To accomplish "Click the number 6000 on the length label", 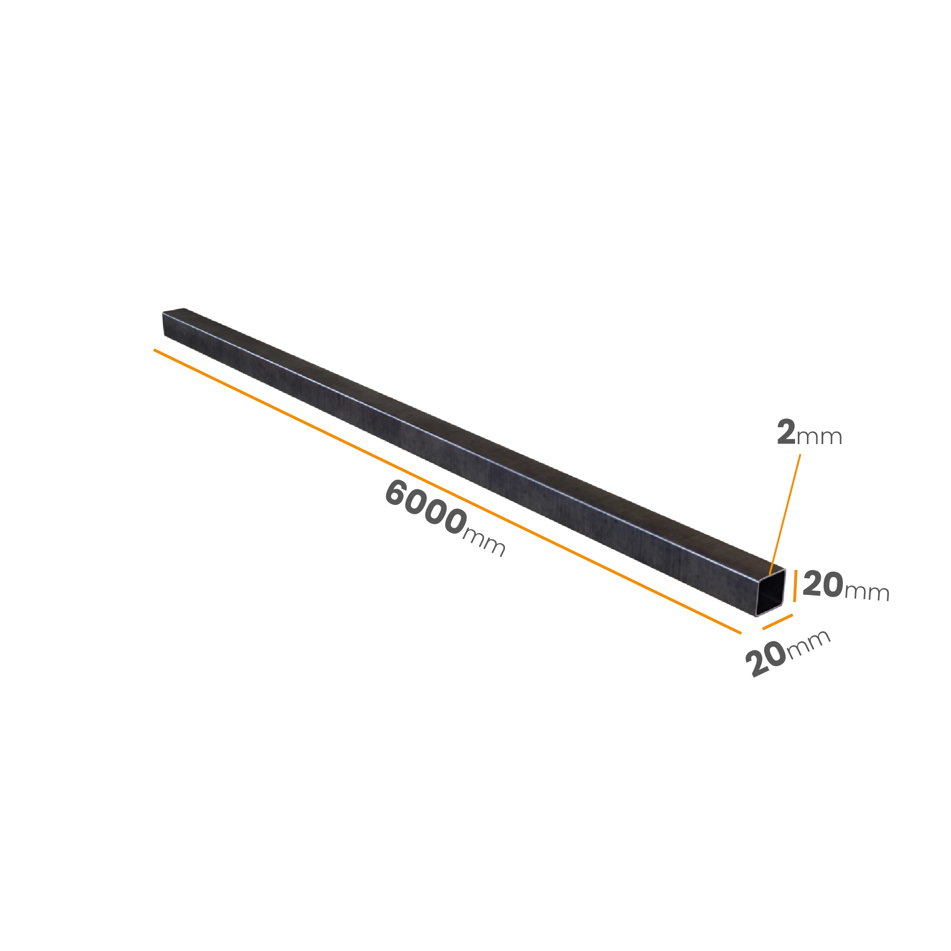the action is (x=425, y=507).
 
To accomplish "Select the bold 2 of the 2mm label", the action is (x=786, y=432).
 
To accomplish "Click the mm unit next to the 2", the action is (x=819, y=437).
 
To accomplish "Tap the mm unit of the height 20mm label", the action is (x=867, y=592).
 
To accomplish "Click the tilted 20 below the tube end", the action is (x=766, y=660).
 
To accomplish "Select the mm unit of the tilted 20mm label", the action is (x=809, y=644).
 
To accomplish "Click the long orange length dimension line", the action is (x=447, y=491).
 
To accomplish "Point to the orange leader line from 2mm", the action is (x=785, y=514).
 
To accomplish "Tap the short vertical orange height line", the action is (x=795, y=585).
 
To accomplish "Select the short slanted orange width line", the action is (x=778, y=621).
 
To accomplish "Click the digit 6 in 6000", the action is (x=395, y=493).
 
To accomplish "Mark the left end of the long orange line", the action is (x=154, y=349).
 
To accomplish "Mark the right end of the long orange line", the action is (x=741, y=633).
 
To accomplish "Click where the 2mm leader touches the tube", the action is (x=770, y=574).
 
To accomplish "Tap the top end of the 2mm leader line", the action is (x=800, y=454).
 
